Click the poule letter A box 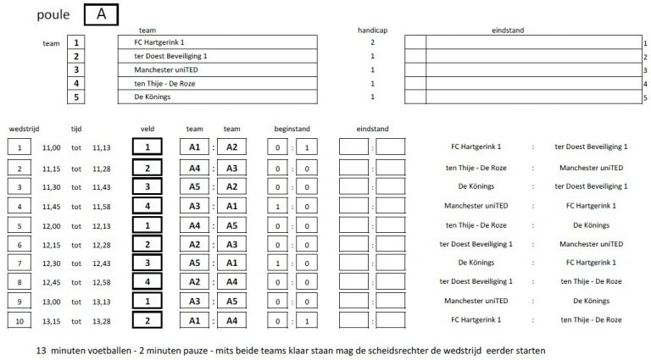coord(102,14)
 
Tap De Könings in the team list coord(152,97)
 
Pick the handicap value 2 coord(372,42)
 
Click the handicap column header coord(372,30)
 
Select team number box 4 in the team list coord(76,83)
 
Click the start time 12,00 coord(51,224)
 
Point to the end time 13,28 coord(102,320)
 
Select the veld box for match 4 coord(147,205)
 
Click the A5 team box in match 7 coord(194,263)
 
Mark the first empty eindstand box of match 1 coord(353,147)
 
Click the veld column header coord(147,129)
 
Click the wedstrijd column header coord(24,129)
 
